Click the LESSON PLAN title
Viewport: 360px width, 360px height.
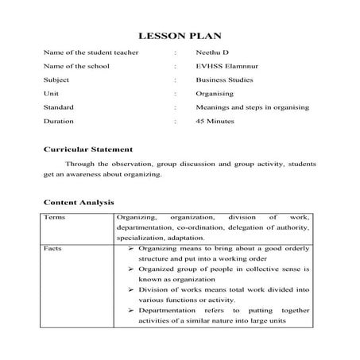179,36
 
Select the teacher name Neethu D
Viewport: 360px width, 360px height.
212,52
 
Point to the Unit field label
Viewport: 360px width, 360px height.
52,93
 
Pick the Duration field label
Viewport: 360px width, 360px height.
58,121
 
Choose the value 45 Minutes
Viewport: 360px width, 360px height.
215,121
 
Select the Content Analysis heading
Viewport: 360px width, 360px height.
79,203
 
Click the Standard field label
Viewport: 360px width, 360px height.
59,106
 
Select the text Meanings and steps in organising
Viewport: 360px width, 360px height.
252,106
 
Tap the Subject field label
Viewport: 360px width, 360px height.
56,79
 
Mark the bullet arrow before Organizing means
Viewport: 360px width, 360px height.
131,248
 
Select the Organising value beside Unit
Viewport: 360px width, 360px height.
214,93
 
